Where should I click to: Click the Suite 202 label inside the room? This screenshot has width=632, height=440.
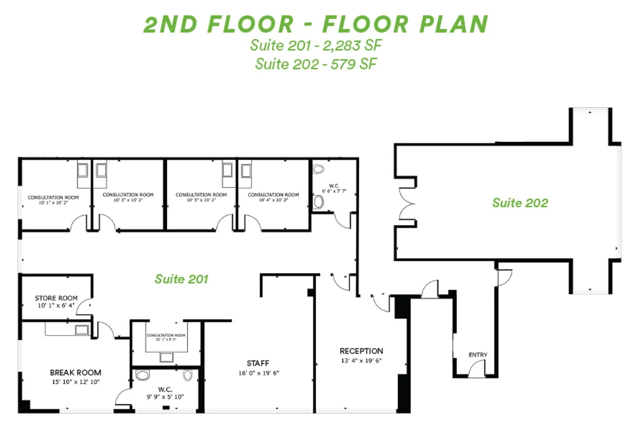tap(520, 203)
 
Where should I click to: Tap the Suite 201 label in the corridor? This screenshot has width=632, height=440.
tap(181, 279)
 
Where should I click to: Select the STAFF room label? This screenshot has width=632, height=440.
tap(258, 363)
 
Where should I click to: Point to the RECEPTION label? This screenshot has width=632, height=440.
tap(361, 351)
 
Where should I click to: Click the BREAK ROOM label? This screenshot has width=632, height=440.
tap(75, 373)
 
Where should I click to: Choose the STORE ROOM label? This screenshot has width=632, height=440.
tap(56, 298)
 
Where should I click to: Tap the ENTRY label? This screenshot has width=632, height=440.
tap(478, 355)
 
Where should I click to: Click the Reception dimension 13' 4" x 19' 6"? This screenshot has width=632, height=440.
tap(361, 361)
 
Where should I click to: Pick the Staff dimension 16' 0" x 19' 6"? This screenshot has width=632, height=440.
tap(259, 373)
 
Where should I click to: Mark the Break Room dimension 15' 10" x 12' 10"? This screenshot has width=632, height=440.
tap(75, 382)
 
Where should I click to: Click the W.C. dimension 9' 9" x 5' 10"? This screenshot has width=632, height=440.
tap(165, 397)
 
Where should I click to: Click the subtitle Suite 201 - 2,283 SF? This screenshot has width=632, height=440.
tap(316, 46)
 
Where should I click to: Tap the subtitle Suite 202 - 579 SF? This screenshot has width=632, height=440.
tap(316, 64)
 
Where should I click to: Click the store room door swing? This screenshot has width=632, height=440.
tap(84, 306)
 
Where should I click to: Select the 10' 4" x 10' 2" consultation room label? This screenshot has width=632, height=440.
tap(273, 197)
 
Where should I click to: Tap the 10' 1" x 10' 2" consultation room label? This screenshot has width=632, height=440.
tap(53, 200)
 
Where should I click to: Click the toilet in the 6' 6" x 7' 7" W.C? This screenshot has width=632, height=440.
tap(319, 169)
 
